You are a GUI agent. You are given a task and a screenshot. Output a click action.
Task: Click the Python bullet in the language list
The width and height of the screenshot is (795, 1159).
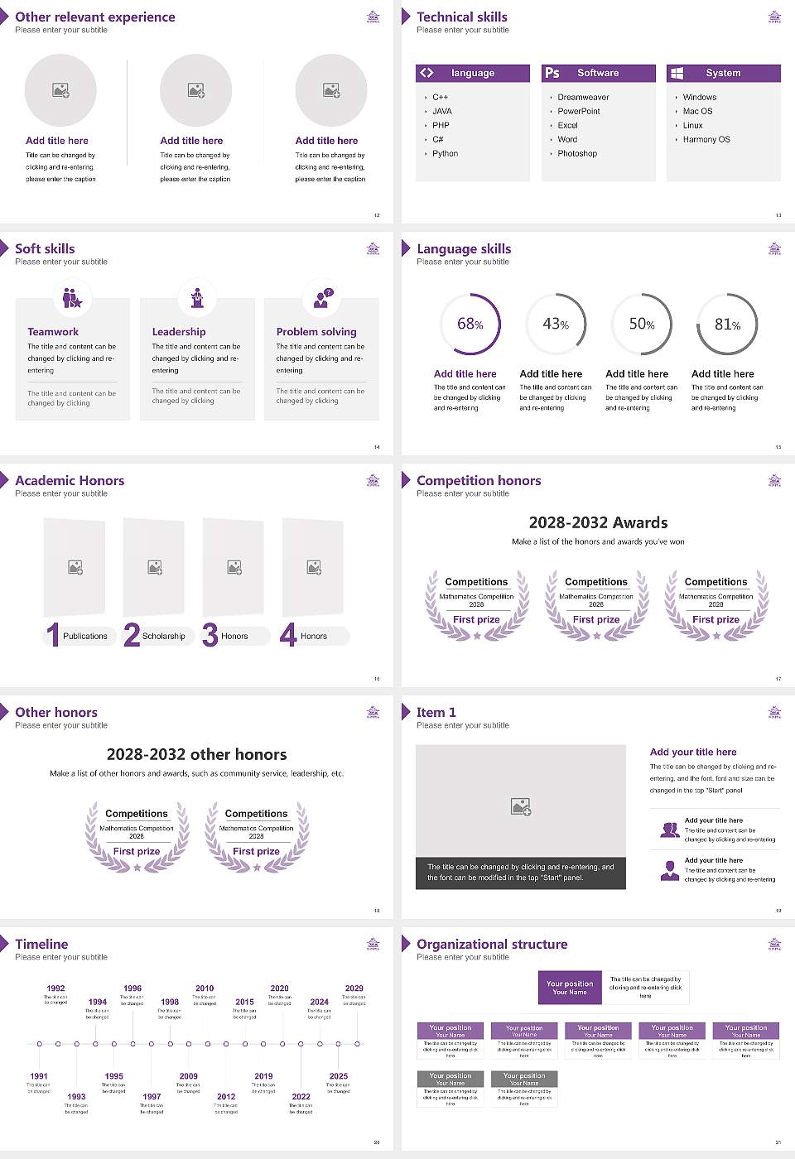pos(445,153)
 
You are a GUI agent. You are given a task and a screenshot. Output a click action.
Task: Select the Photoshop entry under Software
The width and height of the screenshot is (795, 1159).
pos(577,153)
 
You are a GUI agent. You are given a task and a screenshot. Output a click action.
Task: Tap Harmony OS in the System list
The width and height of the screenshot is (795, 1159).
pos(706,139)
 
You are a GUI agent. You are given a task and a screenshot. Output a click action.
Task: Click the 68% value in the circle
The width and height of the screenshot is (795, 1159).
pos(470,324)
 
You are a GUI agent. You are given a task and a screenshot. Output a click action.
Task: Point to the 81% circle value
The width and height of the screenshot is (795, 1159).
pos(727,325)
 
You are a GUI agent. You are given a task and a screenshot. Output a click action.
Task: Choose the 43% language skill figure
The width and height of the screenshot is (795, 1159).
pos(555,324)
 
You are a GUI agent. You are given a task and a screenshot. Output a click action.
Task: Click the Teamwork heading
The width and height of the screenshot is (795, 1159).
pos(53,331)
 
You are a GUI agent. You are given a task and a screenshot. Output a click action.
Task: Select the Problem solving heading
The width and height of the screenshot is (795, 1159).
pos(316,331)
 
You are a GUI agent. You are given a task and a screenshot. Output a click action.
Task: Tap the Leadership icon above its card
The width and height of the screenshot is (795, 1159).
pos(197,297)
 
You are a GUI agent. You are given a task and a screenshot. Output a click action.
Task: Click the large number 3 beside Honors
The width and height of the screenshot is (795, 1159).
pos(210,635)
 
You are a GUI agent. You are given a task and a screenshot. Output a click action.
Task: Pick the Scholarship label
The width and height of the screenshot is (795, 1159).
pos(163,636)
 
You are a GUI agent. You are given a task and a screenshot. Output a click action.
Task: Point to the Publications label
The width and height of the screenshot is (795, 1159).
pos(85,636)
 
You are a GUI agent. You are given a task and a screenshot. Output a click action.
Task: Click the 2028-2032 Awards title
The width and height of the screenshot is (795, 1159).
pos(598,522)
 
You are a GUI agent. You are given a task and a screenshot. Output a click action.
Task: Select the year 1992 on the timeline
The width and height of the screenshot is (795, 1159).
pos(55,988)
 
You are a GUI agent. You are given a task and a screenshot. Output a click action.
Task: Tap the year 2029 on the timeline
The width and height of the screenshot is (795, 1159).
pos(354,988)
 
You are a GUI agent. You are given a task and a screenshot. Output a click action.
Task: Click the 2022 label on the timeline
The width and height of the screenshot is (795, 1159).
pos(301,1096)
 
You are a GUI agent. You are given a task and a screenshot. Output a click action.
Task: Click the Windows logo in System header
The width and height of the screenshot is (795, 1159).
pos(677,73)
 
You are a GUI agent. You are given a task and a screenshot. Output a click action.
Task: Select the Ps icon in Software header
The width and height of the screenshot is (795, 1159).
pos(552,73)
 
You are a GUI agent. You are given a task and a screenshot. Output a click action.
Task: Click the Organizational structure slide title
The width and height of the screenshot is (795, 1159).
pos(492,944)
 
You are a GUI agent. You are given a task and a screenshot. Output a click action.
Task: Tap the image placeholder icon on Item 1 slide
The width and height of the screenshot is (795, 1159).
pos(521,806)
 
